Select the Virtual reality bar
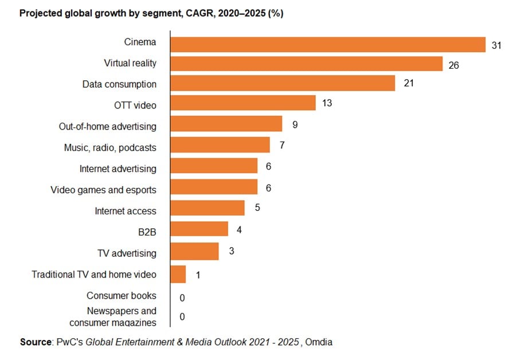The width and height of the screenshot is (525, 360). tap(307, 63)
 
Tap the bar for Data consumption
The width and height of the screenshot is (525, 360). tap(283, 84)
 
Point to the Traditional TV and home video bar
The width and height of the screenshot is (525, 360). tap(179, 274)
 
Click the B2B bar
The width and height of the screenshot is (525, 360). tap(199, 229)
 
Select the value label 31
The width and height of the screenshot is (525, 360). tap(496, 45)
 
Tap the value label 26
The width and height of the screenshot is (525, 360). tap(453, 65)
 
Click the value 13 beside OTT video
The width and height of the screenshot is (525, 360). tap(327, 104)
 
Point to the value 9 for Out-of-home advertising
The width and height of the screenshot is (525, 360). tap(295, 124)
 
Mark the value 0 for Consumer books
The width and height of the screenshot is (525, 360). tap(182, 298)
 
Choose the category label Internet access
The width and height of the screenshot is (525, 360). tap(125, 211)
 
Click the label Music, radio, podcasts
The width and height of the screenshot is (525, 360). tap(109, 147)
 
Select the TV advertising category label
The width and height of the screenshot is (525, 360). tap(127, 253)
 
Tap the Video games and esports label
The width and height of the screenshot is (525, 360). tap(103, 190)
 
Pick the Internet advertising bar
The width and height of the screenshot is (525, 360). tap(214, 166)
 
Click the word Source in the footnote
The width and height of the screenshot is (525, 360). tap(36, 342)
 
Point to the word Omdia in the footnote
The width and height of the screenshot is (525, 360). tap(320, 342)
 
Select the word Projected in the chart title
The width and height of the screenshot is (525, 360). tap(41, 13)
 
